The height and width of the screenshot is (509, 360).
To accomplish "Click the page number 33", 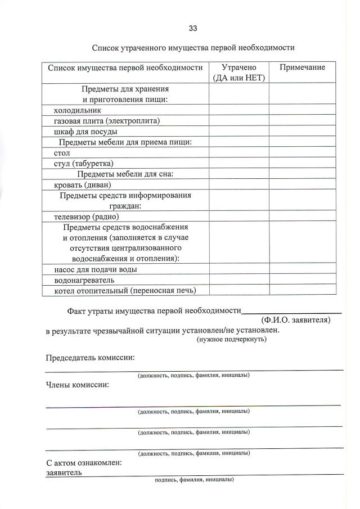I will click(193, 28).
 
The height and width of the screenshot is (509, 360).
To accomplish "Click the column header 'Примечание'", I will click(302, 67).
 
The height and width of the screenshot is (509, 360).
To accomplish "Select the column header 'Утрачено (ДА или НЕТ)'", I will click(238, 73).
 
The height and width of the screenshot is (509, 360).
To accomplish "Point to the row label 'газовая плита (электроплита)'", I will click(107, 121).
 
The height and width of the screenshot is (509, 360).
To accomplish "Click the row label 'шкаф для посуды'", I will click(78, 132).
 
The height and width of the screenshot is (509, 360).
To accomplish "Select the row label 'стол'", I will click(62, 152).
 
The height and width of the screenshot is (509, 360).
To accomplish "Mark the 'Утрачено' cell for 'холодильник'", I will click(238, 110).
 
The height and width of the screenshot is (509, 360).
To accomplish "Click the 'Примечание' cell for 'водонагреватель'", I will click(302, 280).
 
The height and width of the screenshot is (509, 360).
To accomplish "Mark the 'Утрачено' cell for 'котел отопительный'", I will click(238, 291).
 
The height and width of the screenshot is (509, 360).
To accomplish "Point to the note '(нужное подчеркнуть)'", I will click(231, 339).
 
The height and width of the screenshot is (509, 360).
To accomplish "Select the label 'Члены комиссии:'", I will click(77, 385).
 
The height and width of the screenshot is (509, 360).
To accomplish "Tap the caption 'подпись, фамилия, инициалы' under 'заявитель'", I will click(194, 480).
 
